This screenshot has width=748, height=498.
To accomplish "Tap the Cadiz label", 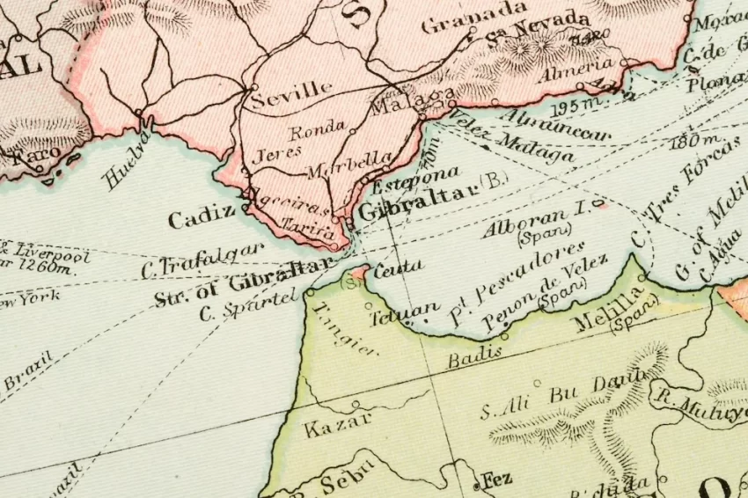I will (202, 216).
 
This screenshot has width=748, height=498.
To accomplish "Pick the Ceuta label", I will (397, 266).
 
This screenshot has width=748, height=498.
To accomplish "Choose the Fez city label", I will (497, 480).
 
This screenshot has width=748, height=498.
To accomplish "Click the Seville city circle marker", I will (253, 87).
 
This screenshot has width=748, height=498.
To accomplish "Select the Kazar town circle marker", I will (356, 405).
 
